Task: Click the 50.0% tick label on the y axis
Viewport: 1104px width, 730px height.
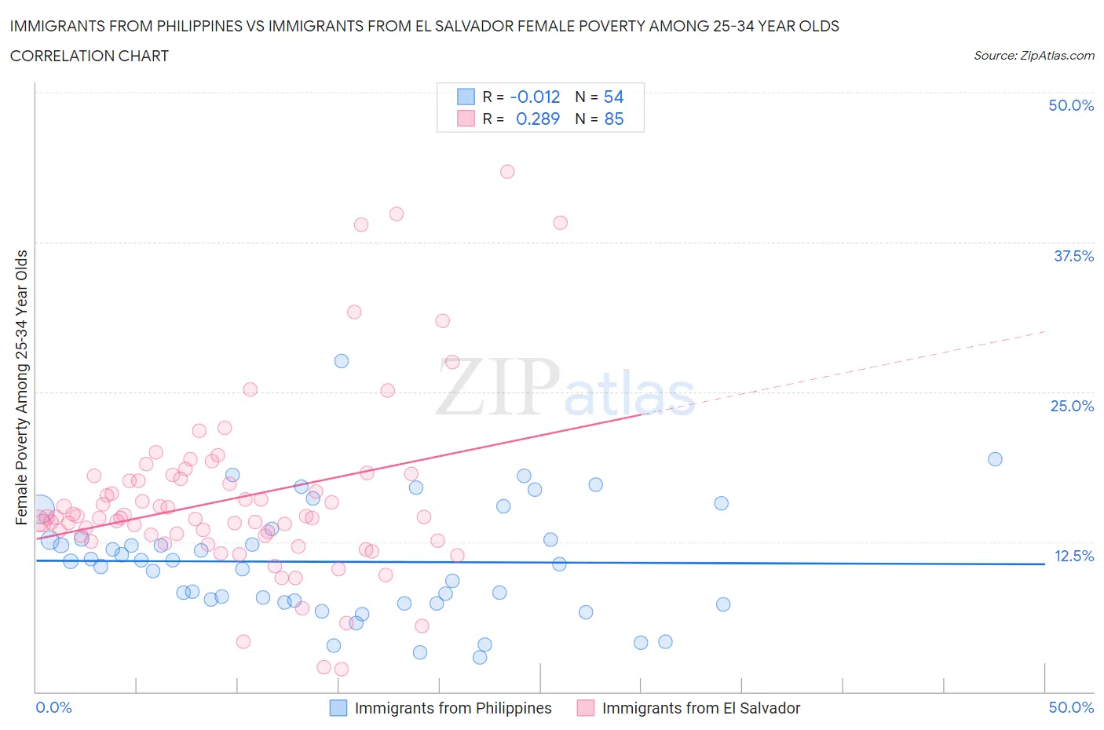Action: pyautogui.click(x=1071, y=105)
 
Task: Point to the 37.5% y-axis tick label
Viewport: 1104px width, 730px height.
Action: pyautogui.click(x=1073, y=256)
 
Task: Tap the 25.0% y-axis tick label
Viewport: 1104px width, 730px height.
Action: pyautogui.click(x=1072, y=406)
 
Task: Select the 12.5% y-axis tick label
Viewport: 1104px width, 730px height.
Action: pyautogui.click(x=1073, y=556)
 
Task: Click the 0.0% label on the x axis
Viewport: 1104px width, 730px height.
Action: pyautogui.click(x=53, y=707)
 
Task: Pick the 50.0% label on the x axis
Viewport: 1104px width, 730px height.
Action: pyautogui.click(x=1071, y=707)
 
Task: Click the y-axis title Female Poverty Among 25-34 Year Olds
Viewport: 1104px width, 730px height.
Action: pyautogui.click(x=21, y=387)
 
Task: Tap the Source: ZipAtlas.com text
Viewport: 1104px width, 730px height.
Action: pyautogui.click(x=1033, y=56)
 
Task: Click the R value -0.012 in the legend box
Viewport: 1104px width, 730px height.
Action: pyautogui.click(x=535, y=97)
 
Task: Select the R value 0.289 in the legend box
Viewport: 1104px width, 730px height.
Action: pyautogui.click(x=537, y=119)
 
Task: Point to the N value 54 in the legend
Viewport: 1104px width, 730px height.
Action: pyautogui.click(x=613, y=97)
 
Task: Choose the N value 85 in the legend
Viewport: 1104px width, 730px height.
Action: pyautogui.click(x=613, y=119)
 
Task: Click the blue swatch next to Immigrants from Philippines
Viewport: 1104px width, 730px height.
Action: pyautogui.click(x=338, y=708)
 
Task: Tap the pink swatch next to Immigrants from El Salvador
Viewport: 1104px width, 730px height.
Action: pyautogui.click(x=585, y=708)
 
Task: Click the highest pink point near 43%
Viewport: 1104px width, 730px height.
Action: pyautogui.click(x=507, y=171)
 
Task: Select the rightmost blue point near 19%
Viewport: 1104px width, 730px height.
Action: pyautogui.click(x=995, y=459)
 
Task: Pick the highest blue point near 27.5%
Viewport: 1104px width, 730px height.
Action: pyautogui.click(x=342, y=361)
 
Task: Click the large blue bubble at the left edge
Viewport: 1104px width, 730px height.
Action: pyautogui.click(x=40, y=509)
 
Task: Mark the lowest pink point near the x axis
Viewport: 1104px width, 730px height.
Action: pyautogui.click(x=342, y=670)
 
